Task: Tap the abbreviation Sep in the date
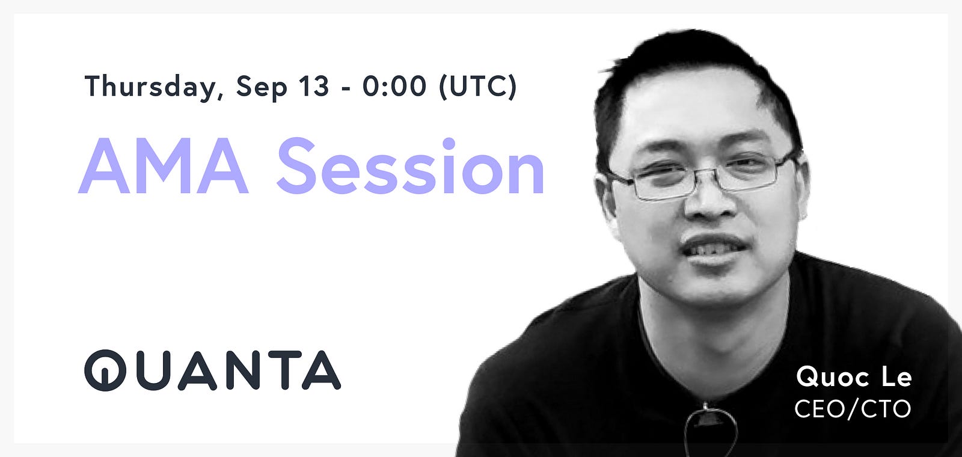tap(261, 88)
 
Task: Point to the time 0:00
tap(394, 86)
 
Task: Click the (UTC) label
tap(477, 87)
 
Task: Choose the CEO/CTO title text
tap(853, 408)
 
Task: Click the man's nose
tap(709, 202)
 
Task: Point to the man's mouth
tap(713, 249)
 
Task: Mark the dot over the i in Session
tap(449, 144)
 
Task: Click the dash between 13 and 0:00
tap(346, 89)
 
